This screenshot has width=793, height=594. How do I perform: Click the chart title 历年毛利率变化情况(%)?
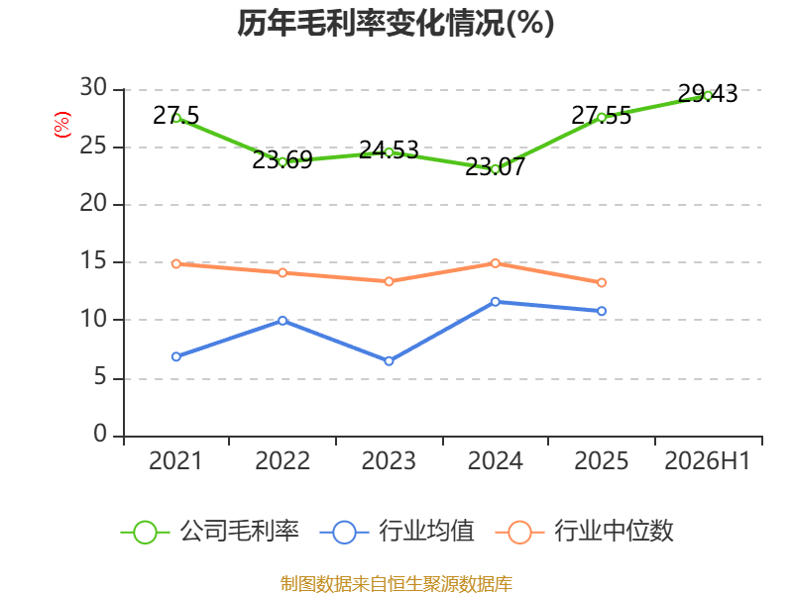(x=396, y=23)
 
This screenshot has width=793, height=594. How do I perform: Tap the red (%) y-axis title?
(x=61, y=125)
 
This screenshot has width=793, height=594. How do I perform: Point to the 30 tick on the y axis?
(x=93, y=88)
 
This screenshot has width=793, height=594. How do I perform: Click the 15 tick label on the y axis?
(x=93, y=261)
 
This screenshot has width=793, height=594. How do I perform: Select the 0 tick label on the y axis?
(x=100, y=434)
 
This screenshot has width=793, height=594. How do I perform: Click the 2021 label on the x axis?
(x=175, y=460)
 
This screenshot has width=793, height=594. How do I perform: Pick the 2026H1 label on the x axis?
(x=707, y=460)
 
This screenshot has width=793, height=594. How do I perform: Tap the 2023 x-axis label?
(x=389, y=460)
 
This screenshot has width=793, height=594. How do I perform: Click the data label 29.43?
(x=708, y=94)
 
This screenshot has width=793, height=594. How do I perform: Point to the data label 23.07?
(x=495, y=167)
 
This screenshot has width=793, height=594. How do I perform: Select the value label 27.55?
(x=602, y=116)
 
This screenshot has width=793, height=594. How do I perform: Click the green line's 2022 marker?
(x=283, y=162)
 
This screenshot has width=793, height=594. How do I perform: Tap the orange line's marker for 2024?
(x=495, y=263)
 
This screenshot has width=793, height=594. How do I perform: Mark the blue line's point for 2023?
(x=389, y=360)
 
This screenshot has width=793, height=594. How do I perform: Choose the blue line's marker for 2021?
(x=176, y=356)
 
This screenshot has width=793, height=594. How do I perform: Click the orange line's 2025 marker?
(x=602, y=283)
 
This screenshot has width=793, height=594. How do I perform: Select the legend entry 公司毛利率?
(x=210, y=532)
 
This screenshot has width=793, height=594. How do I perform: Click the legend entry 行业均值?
(x=397, y=532)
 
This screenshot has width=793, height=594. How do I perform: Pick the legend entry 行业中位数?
(x=584, y=532)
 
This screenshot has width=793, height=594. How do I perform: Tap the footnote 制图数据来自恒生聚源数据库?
(x=396, y=583)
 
